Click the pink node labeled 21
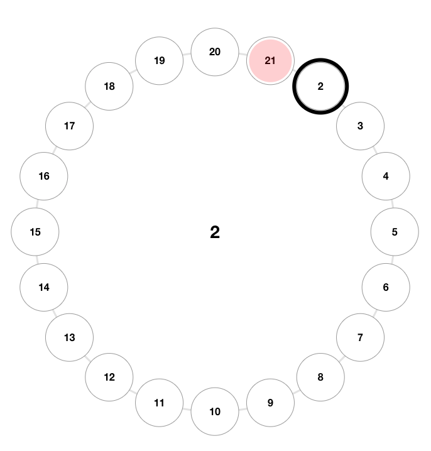click(x=270, y=61)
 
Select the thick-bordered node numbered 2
click(x=320, y=87)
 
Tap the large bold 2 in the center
click(x=215, y=232)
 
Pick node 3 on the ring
click(x=360, y=126)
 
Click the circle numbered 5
click(x=395, y=232)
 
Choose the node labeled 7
click(x=360, y=337)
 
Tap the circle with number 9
click(x=270, y=403)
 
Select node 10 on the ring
click(x=215, y=411)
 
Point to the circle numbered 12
click(x=109, y=377)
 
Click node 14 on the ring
click(x=44, y=287)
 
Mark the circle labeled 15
click(x=35, y=232)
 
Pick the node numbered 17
click(x=70, y=126)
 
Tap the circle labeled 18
click(x=109, y=86)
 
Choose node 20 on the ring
click(x=215, y=52)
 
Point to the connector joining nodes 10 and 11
click(x=187, y=408)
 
